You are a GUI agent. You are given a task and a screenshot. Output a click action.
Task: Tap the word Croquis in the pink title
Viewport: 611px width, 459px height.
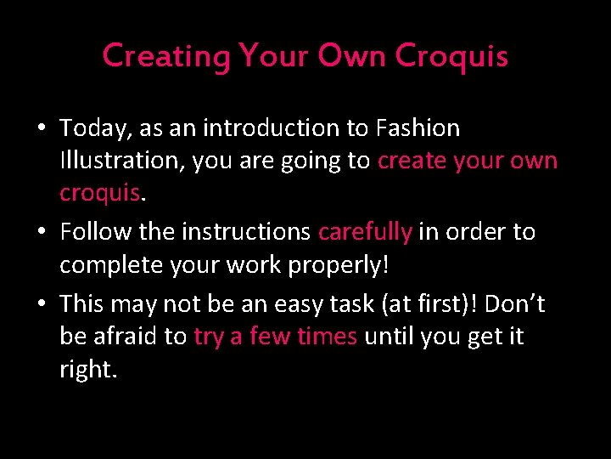[x=451, y=56]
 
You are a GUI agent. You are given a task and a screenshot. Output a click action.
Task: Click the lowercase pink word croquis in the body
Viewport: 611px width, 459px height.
[x=98, y=194]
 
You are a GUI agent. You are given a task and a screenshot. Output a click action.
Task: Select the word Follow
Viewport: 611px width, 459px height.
[x=95, y=231]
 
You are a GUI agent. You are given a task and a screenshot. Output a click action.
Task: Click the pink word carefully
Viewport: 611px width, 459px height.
[x=365, y=231]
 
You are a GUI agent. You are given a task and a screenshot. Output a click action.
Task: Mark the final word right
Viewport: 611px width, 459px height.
[x=87, y=370]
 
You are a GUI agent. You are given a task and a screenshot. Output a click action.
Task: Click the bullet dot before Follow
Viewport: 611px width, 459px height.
[x=41, y=232]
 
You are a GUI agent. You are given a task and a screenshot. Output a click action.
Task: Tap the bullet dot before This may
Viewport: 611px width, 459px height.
[x=41, y=304]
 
